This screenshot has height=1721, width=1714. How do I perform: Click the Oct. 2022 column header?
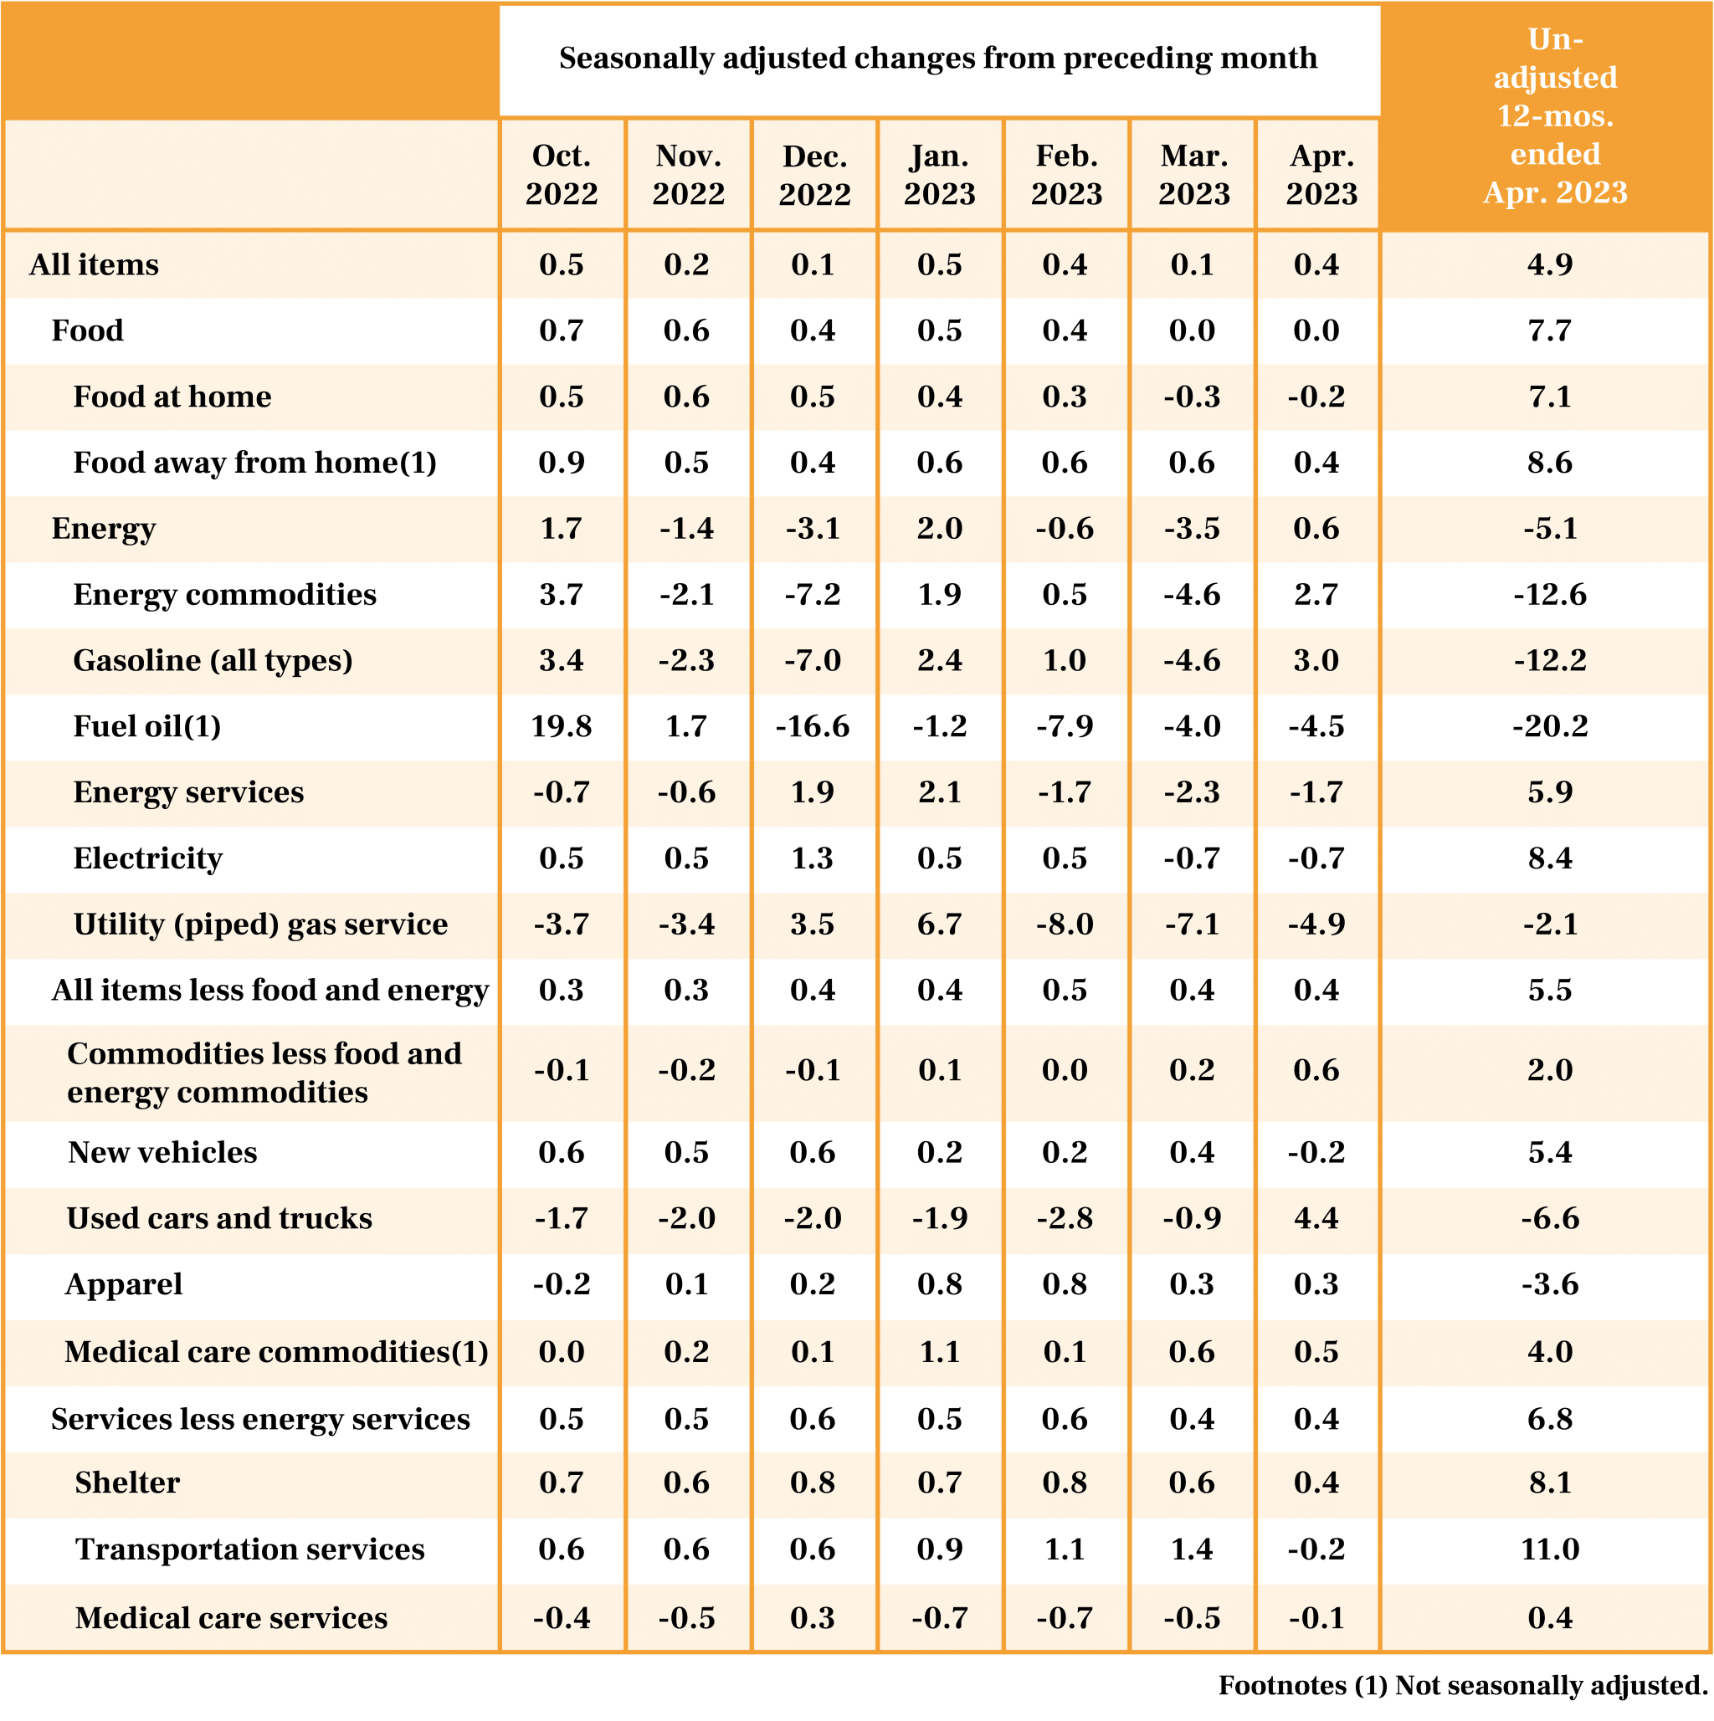(x=562, y=175)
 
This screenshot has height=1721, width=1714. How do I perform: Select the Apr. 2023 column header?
(x=1321, y=175)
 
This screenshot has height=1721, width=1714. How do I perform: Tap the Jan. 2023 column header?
(x=940, y=175)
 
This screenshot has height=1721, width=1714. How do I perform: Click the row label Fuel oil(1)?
(x=147, y=726)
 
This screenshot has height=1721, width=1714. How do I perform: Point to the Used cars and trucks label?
(x=219, y=1217)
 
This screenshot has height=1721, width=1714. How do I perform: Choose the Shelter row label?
(x=127, y=1482)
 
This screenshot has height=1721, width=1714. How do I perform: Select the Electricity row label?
(x=148, y=858)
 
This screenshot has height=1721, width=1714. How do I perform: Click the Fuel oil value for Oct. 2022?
(x=562, y=726)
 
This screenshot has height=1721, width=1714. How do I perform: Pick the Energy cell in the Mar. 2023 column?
(x=1192, y=528)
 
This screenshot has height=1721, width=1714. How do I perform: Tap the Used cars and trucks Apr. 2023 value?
(x=1316, y=1217)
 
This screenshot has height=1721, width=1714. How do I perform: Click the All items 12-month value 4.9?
(x=1550, y=264)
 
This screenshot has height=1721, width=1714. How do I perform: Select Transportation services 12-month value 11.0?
(x=1550, y=1548)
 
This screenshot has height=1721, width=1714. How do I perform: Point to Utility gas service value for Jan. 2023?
(x=940, y=924)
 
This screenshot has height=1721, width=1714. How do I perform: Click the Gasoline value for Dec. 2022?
(x=813, y=660)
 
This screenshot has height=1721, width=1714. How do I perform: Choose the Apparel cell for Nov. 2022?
(x=687, y=1283)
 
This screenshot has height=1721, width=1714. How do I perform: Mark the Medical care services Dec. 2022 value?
(x=813, y=1616)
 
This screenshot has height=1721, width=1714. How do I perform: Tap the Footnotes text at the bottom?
(x=1462, y=1685)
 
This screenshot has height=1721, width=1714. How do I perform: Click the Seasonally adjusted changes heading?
(x=938, y=59)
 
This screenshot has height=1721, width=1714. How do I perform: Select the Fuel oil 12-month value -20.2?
(x=1550, y=726)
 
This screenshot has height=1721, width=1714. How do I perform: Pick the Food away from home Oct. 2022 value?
(x=562, y=463)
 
